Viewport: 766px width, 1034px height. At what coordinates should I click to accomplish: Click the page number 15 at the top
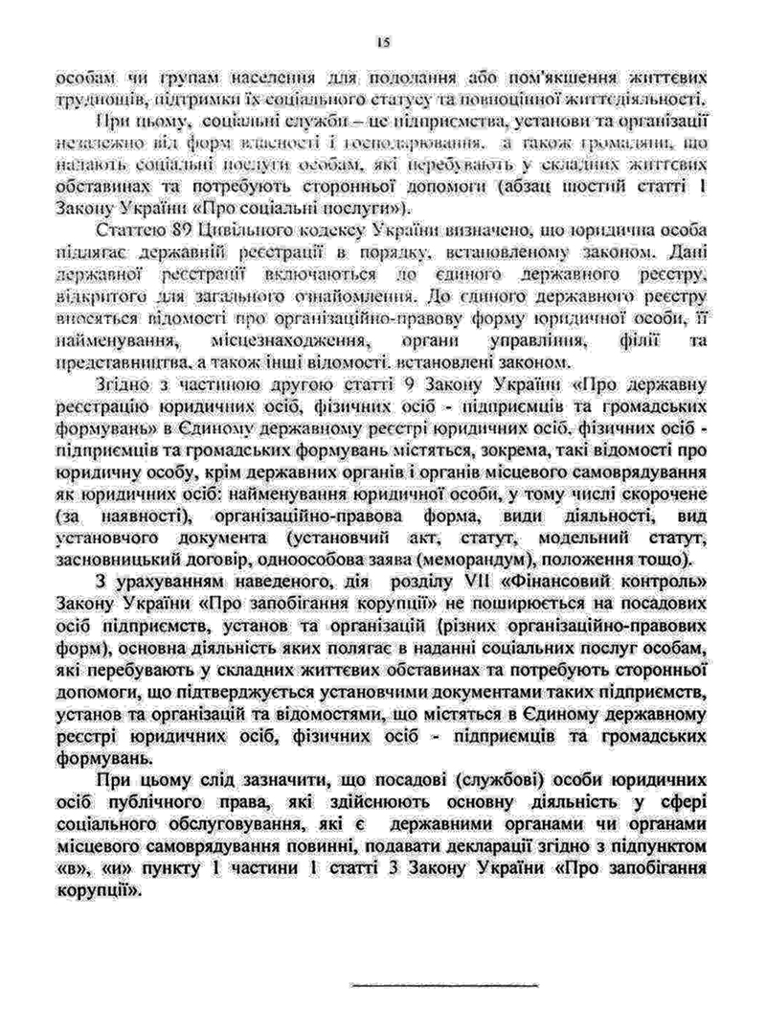[x=382, y=41]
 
